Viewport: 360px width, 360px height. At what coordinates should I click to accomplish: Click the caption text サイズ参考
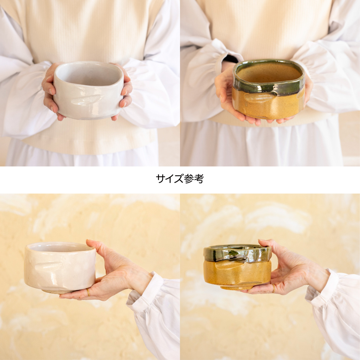(180, 178)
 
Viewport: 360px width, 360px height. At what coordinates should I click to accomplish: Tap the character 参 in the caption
(189, 178)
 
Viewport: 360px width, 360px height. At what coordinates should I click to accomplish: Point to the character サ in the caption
(160, 178)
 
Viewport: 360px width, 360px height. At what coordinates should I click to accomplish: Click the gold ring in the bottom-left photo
(88, 292)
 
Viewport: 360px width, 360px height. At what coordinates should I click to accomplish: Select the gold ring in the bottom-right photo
(273, 289)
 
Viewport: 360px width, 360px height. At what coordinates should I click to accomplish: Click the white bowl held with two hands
(88, 90)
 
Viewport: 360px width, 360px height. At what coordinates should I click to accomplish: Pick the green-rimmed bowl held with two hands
(268, 89)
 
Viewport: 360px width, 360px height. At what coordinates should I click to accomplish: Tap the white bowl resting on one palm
(60, 267)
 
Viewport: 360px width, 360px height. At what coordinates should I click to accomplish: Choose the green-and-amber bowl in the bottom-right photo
(237, 267)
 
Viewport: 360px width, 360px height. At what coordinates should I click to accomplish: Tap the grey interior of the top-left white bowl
(88, 75)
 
